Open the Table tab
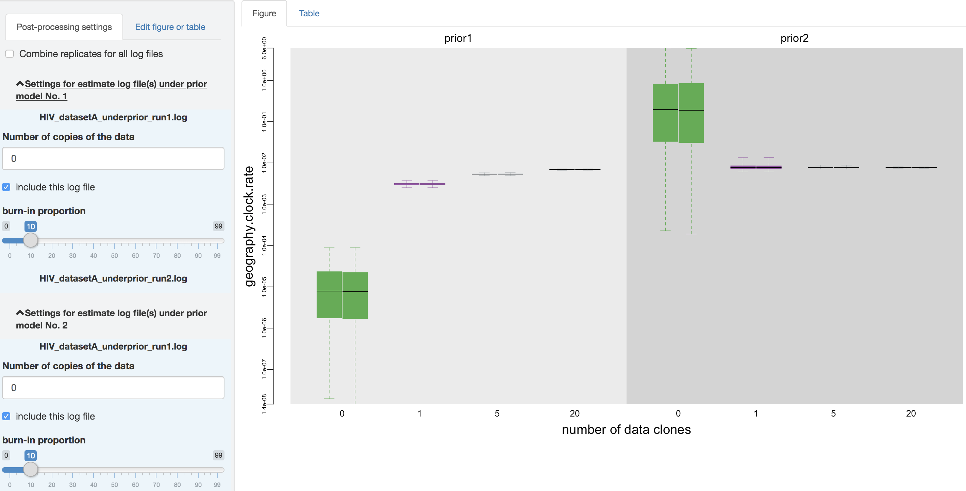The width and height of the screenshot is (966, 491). coord(309,14)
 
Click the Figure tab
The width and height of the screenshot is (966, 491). coord(264,14)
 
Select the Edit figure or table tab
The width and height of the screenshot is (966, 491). coord(170,27)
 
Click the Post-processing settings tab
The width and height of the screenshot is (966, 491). coord(64,27)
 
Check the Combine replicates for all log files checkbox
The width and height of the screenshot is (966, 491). coord(10,54)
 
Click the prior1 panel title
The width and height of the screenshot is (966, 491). coord(457,38)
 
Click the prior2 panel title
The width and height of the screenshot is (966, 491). coord(794,38)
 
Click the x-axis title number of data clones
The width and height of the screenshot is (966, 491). coord(626,429)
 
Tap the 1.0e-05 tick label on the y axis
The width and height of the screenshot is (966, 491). coord(264,287)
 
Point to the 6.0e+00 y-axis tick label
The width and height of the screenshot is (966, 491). coord(264,48)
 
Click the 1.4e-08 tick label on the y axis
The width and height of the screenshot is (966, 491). coord(264,404)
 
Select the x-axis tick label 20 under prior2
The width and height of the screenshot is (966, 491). coord(911,413)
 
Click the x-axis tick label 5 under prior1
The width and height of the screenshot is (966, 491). coord(497,413)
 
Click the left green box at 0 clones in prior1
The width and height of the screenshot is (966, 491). coord(329,294)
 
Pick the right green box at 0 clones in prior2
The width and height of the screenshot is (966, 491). coord(691,113)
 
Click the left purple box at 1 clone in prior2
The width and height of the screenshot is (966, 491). coord(743,167)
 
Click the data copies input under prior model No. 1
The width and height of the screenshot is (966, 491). coord(113,158)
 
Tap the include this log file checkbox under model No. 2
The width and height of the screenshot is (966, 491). coord(6,417)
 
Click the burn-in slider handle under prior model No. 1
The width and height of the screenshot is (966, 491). coord(31,240)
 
